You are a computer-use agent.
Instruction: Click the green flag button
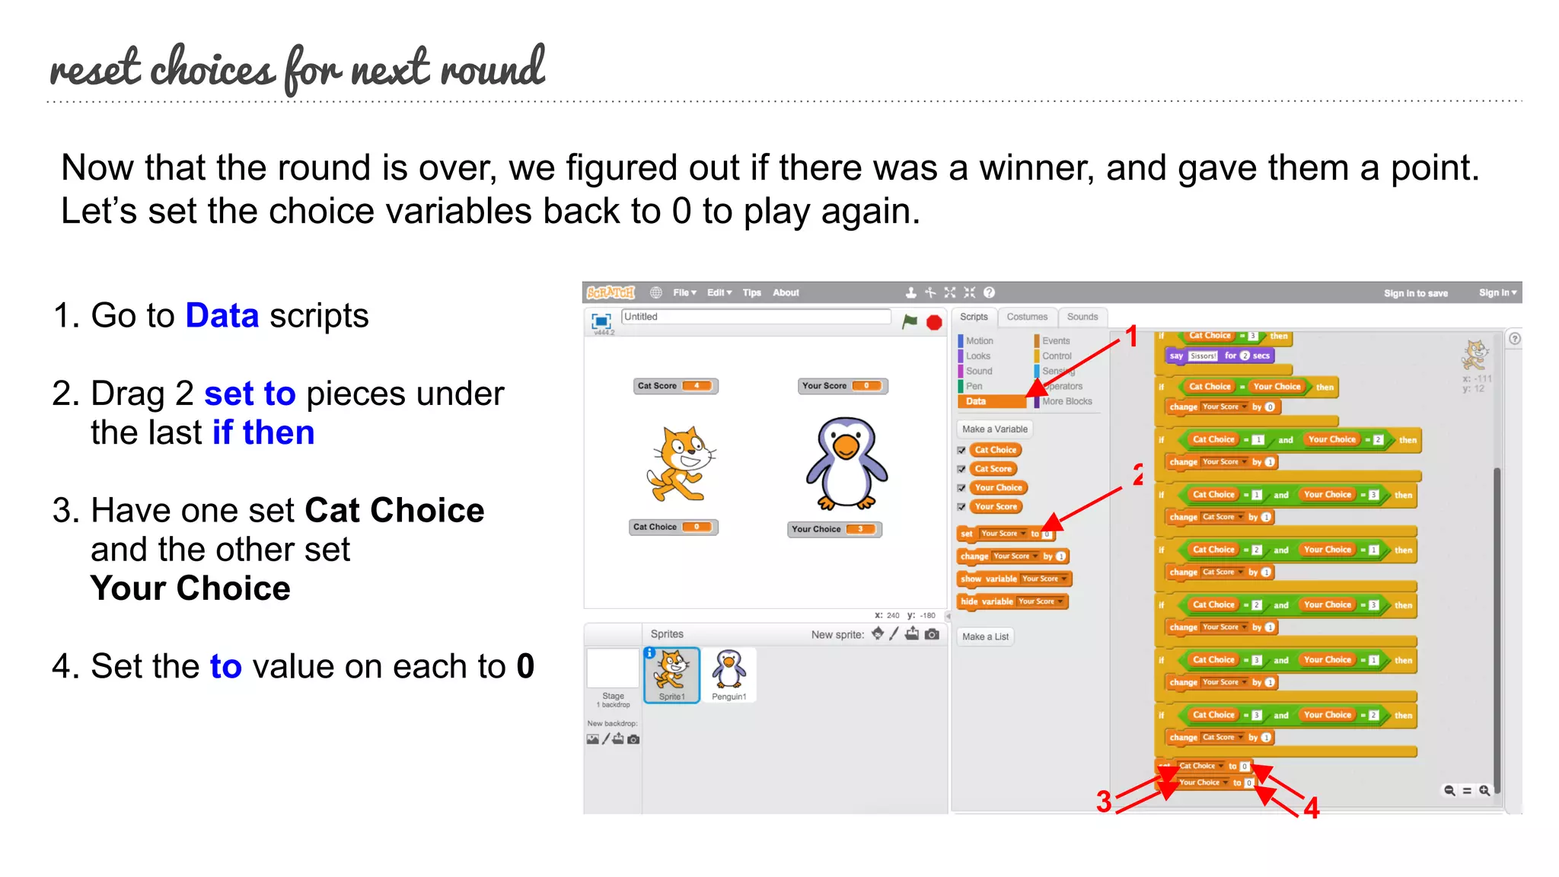tap(910, 321)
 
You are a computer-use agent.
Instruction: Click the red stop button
tap(934, 322)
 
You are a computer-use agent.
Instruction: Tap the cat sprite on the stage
tap(680, 464)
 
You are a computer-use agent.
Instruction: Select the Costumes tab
tap(1027, 317)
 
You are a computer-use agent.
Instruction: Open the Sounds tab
tap(1082, 317)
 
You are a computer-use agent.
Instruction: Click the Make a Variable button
tap(994, 429)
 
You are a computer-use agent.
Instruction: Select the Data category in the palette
tap(977, 401)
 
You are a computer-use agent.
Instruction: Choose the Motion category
tap(979, 341)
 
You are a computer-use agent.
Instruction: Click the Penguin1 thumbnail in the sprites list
tap(728, 674)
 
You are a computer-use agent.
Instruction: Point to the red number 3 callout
tap(1104, 802)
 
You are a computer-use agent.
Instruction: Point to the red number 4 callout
tap(1311, 808)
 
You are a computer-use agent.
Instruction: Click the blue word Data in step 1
tap(222, 316)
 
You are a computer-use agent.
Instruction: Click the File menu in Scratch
tap(684, 292)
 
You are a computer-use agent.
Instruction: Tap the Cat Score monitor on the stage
tap(675, 386)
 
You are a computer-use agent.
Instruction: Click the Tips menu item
tap(751, 292)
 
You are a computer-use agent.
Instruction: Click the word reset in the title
tap(95, 69)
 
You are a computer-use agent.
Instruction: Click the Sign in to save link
tap(1415, 293)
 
